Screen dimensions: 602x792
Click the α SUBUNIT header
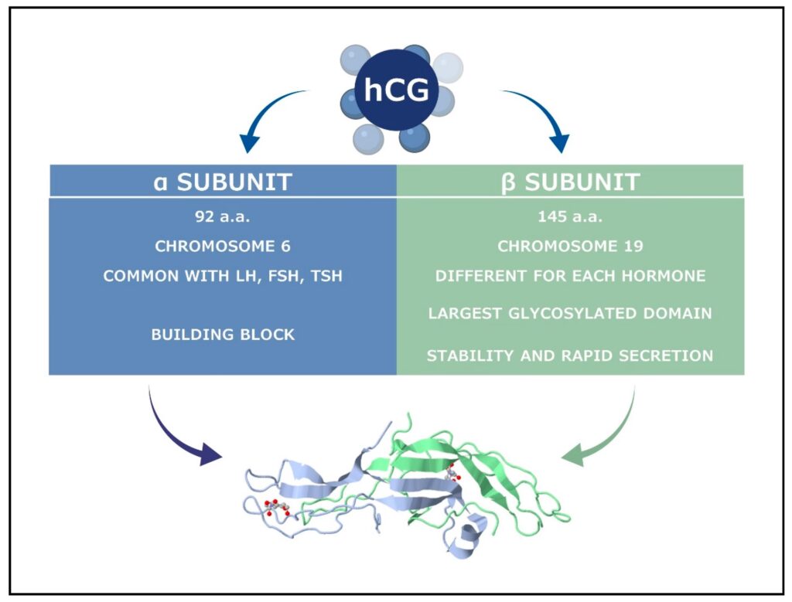(223, 182)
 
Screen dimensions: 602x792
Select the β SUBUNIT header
(571, 182)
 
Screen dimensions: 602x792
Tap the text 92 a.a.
(223, 216)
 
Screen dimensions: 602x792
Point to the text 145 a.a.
(571, 216)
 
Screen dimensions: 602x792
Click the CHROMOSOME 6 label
(223, 247)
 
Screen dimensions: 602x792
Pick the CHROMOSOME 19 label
(571, 247)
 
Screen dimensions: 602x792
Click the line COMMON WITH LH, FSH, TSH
(223, 276)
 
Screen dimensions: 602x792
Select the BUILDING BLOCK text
(223, 335)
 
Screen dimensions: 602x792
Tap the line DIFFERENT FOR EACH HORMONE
(571, 276)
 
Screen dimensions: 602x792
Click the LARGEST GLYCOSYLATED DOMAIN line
(571, 313)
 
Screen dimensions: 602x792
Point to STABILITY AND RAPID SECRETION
(571, 355)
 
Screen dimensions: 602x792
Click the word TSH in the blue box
(325, 276)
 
